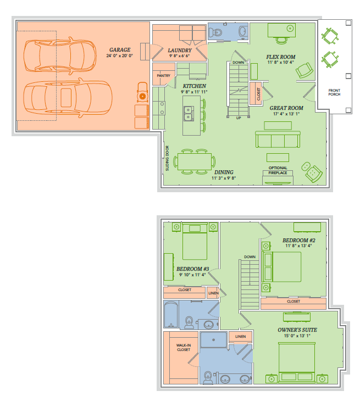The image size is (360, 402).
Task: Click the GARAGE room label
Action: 120,50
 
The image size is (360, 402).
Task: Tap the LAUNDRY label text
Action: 180,51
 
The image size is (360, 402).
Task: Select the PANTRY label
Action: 163,76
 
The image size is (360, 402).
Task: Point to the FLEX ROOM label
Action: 280,57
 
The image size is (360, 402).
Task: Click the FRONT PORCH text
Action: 334,92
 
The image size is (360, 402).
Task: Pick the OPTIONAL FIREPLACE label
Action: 278,170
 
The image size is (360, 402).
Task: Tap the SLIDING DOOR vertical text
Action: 167,158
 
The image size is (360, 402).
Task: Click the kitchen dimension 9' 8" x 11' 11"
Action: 194,92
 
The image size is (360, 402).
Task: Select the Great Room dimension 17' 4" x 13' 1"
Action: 286,114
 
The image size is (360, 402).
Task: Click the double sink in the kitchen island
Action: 189,114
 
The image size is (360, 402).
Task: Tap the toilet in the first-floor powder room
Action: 215,32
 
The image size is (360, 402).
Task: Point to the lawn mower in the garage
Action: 142,93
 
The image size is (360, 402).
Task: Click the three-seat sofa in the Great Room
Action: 278,139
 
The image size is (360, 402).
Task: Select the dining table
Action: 195,161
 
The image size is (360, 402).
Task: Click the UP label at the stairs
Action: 239,118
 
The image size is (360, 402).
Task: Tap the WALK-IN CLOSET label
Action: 184,348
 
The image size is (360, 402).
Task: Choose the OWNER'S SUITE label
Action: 297,330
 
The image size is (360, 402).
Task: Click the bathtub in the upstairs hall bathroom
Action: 171,314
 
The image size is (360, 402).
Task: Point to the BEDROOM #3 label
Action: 192,269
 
